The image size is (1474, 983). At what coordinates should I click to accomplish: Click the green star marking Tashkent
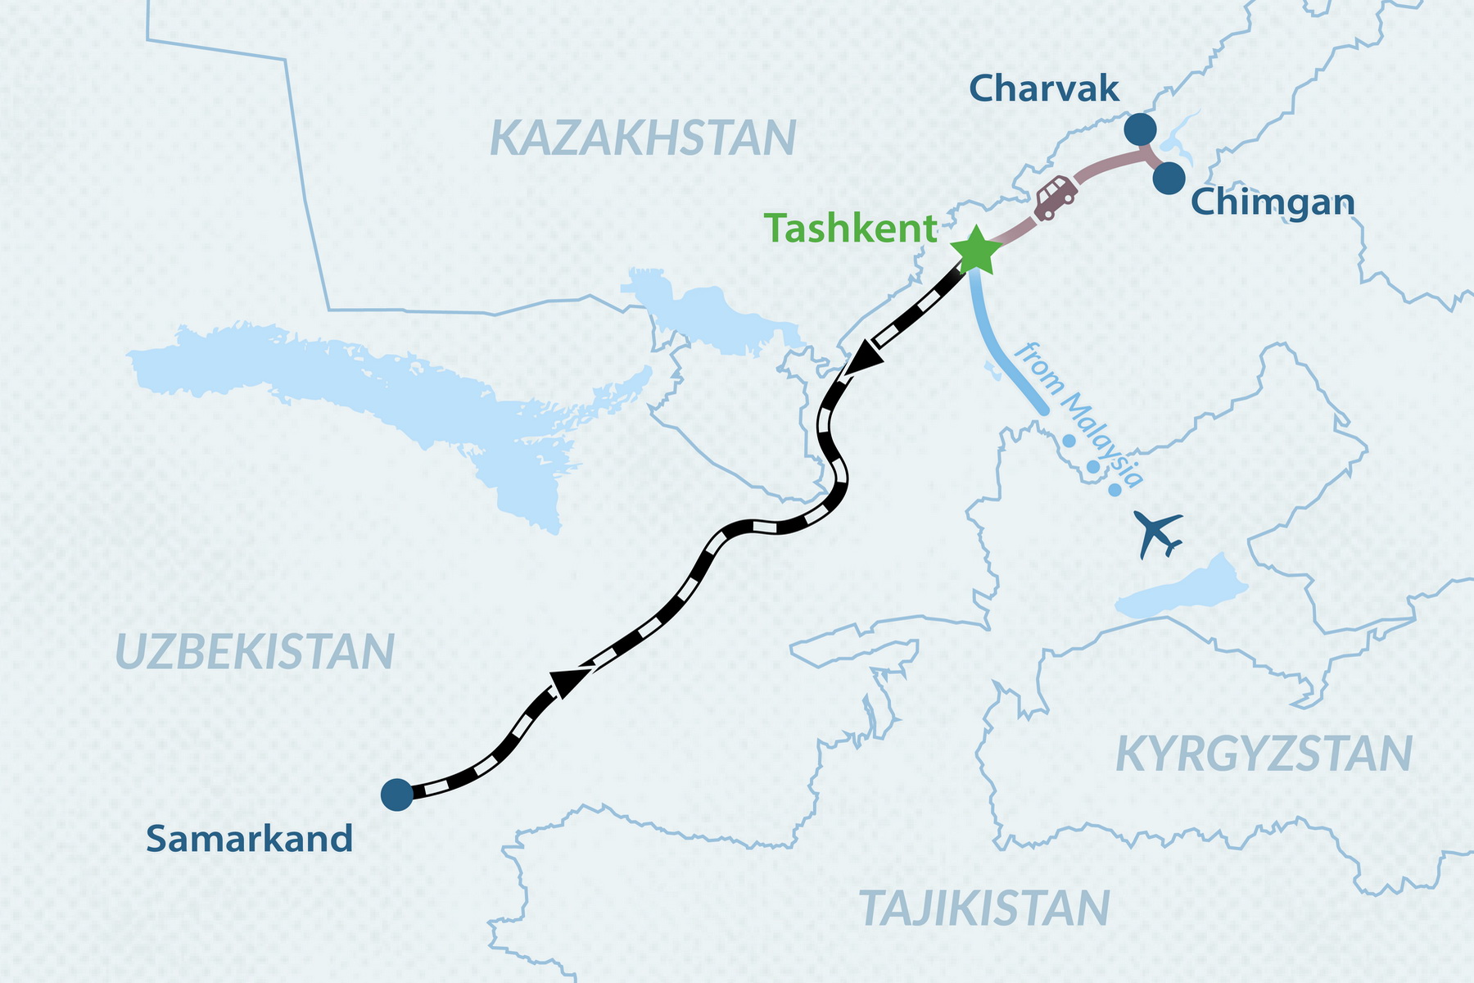coord(975,251)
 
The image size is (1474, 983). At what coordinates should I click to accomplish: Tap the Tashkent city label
coord(850,229)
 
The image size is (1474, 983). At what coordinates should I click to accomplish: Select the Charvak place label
coord(1043,88)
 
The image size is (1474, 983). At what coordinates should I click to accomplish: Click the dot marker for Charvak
coord(1139,129)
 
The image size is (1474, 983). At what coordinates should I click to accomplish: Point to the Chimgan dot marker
coord(1169,178)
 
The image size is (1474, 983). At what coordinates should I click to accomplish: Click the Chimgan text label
coord(1273,202)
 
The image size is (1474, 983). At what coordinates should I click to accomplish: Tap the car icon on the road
coord(1056,197)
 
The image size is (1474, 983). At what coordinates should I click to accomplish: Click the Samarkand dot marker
coord(397,795)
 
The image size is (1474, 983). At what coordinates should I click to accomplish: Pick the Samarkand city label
coord(250,840)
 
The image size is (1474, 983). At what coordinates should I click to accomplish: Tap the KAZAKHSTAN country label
coord(643,138)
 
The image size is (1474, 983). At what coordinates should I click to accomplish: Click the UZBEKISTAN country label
coord(255,652)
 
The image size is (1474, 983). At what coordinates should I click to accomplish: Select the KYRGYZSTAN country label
coord(1264,754)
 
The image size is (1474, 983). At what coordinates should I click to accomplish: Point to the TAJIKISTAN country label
coord(984,908)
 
